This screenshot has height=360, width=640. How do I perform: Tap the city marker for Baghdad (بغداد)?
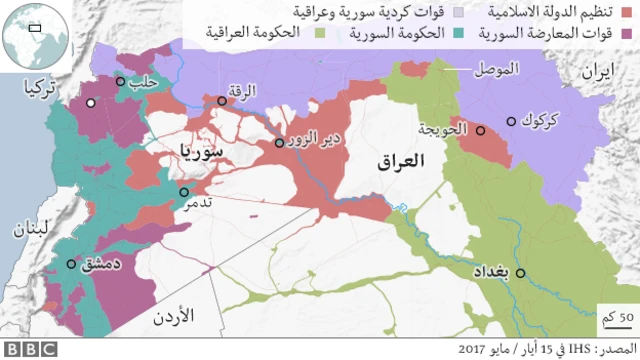point(520,272)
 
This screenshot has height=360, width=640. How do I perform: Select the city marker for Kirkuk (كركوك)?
point(511,121)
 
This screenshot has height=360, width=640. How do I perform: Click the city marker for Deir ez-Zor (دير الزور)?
point(280,143)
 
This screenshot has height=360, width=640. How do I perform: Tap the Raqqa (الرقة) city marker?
point(222,100)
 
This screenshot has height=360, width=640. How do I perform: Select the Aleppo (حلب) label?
point(146,84)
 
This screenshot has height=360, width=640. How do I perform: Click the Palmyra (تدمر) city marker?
point(184,193)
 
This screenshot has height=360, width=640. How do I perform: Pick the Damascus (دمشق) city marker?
point(70,265)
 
